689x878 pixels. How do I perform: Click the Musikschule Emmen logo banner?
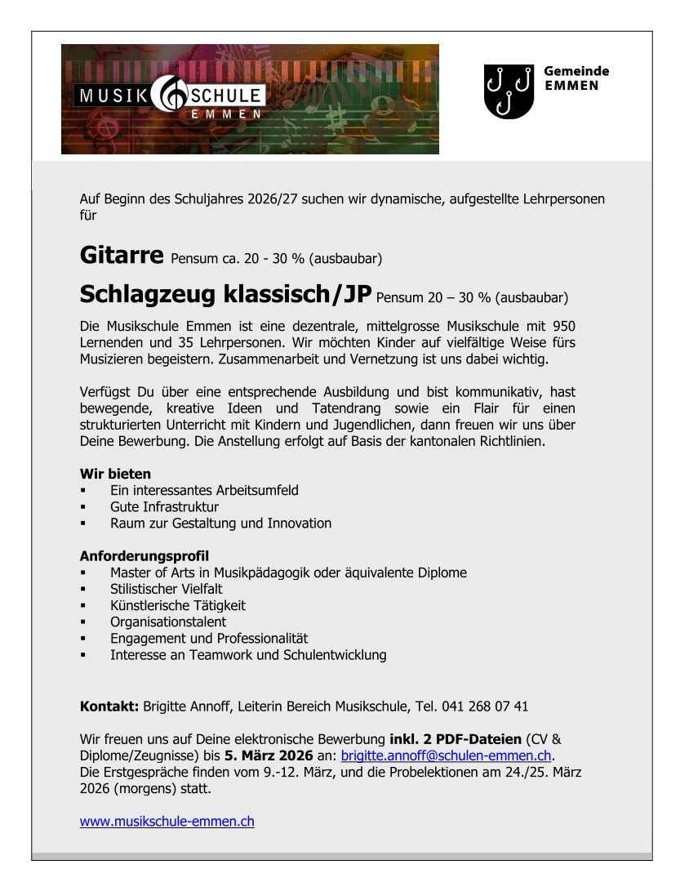pyautogui.click(x=250, y=99)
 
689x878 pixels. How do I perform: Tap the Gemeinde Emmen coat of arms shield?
pyautogui.click(x=509, y=91)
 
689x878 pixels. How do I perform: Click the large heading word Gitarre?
pyautogui.click(x=122, y=255)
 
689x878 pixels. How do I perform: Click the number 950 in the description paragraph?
pyautogui.click(x=563, y=326)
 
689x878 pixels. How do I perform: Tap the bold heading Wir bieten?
pyautogui.click(x=115, y=474)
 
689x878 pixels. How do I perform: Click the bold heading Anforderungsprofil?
pyautogui.click(x=144, y=556)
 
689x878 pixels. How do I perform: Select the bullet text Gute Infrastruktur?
pyautogui.click(x=164, y=506)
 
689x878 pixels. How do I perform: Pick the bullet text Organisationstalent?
pyautogui.click(x=168, y=622)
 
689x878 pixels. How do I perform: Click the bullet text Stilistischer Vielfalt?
pyautogui.click(x=167, y=589)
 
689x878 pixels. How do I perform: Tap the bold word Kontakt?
pyautogui.click(x=109, y=706)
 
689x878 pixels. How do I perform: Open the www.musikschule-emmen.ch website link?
pyautogui.click(x=167, y=822)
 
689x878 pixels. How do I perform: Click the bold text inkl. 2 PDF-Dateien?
pyautogui.click(x=456, y=739)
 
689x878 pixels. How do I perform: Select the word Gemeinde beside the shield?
pyautogui.click(x=576, y=71)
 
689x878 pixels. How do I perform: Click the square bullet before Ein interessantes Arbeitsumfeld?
pyautogui.click(x=83, y=491)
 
